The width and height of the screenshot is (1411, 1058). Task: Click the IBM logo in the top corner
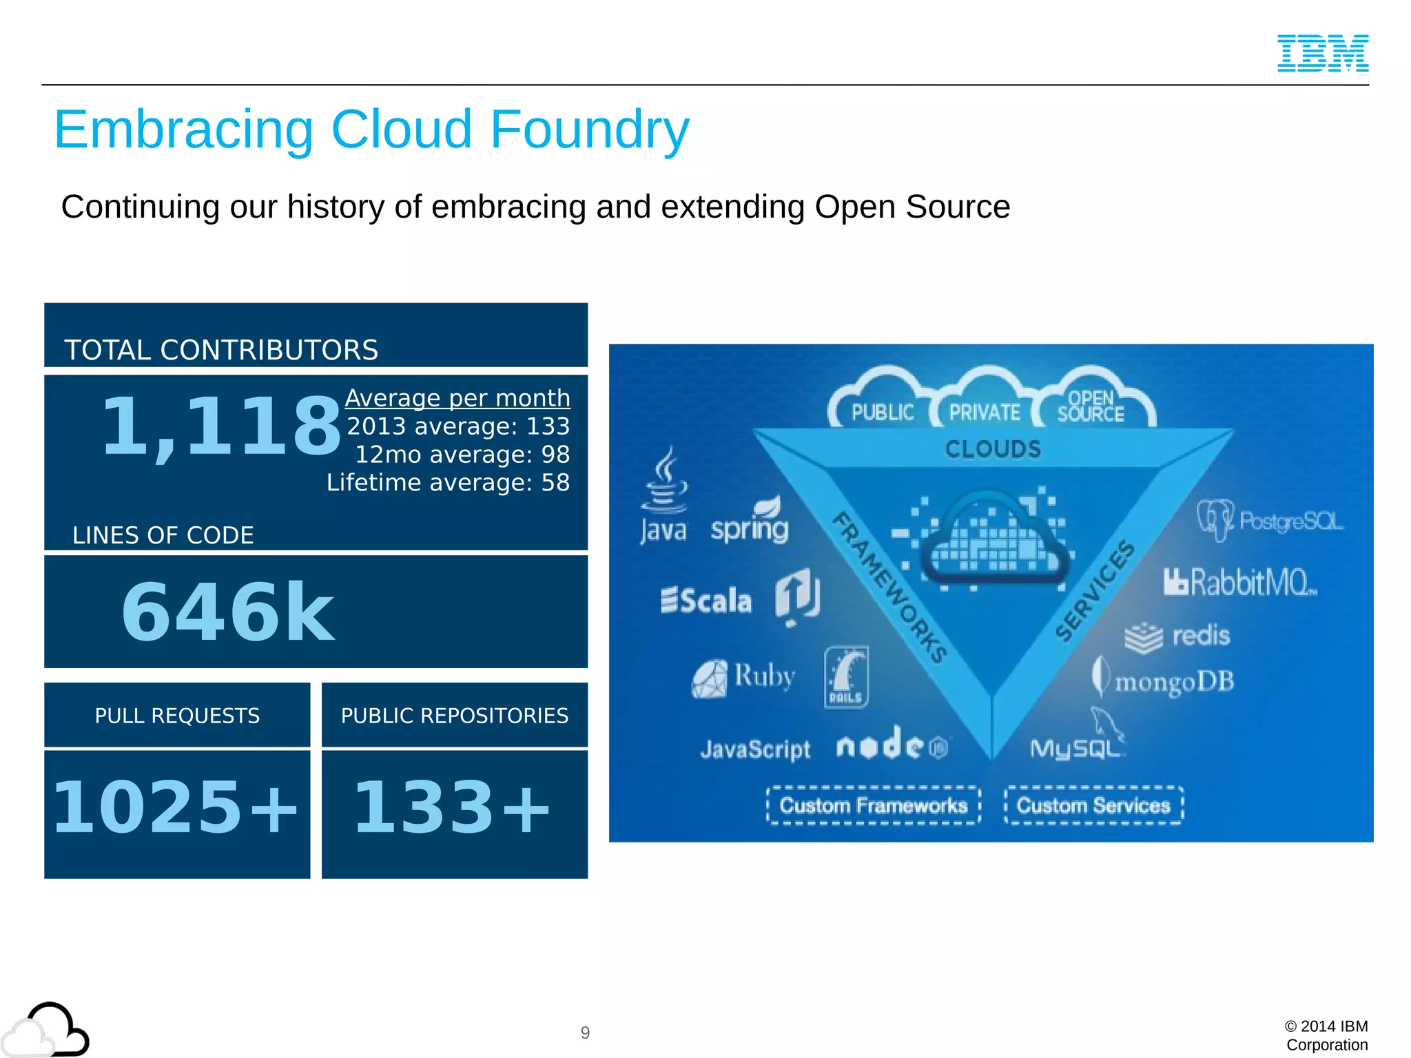coord(1323,53)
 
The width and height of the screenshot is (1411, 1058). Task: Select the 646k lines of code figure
coord(227,612)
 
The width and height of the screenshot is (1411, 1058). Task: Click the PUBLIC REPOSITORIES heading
coord(455,716)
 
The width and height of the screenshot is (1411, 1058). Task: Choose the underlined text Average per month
coord(457,398)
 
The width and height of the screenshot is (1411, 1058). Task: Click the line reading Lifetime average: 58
coord(448,483)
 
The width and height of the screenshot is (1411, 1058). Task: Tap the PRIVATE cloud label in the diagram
coord(985,412)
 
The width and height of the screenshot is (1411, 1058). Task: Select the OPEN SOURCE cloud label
coord(1091,406)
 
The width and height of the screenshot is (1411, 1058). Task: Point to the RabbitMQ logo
coord(1240,583)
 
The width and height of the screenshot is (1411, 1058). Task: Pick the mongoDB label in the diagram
coord(1174,681)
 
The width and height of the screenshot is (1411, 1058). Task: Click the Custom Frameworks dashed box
coord(873,805)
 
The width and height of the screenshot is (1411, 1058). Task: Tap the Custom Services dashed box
coord(1093,805)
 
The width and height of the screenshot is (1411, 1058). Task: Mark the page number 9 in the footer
coord(585,1033)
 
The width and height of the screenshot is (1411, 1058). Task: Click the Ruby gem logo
coord(710,679)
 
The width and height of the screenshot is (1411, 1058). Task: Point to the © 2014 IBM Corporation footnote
coord(1326,1035)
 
